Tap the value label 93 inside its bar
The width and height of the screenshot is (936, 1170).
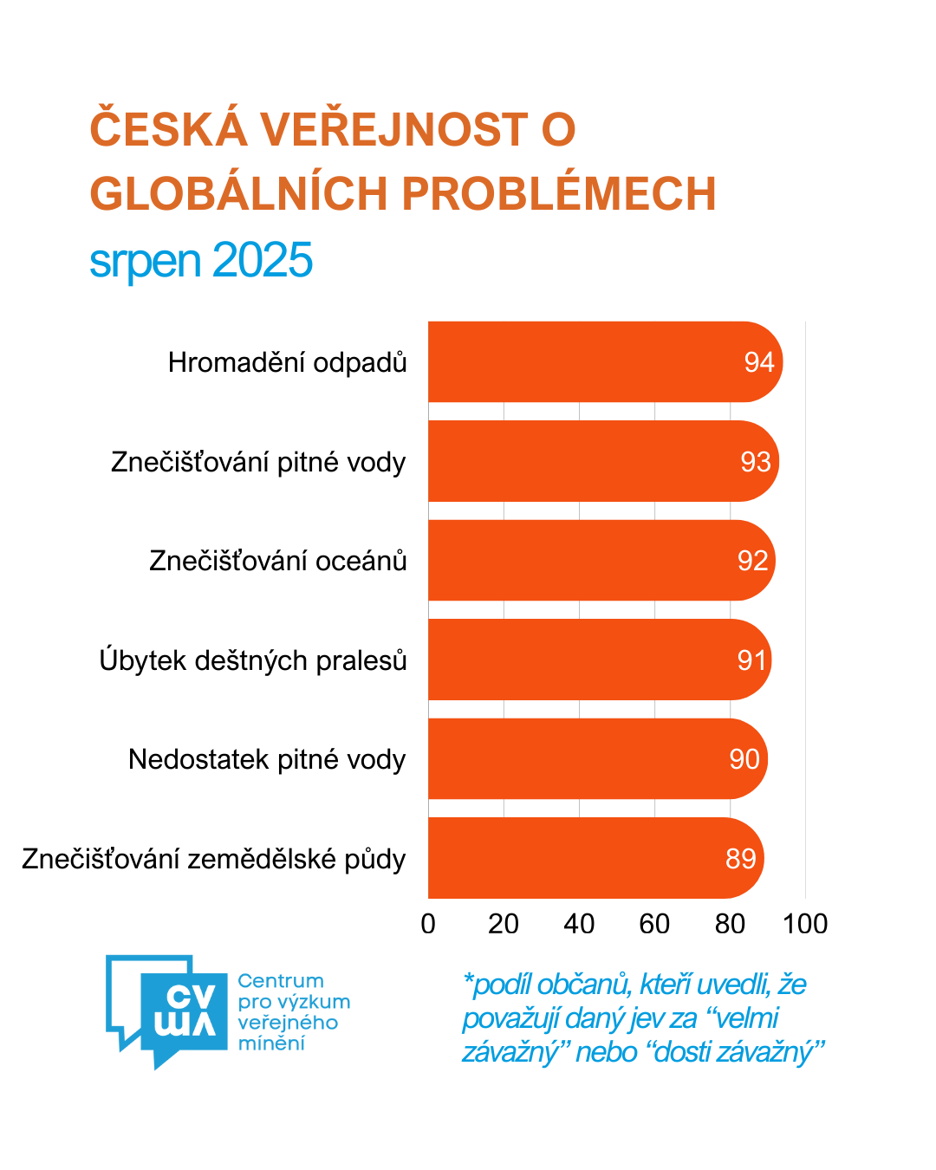click(755, 462)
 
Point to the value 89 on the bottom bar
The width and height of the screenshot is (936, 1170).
click(741, 859)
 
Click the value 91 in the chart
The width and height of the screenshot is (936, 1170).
click(751, 660)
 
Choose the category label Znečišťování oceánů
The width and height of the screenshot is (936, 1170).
click(278, 561)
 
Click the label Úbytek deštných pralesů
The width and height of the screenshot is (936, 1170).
click(253, 660)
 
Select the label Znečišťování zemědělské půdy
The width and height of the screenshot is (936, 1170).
click(214, 859)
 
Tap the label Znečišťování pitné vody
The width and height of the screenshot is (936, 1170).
click(258, 462)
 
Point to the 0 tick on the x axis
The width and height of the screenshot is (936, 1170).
click(428, 924)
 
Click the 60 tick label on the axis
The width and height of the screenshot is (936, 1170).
click(654, 924)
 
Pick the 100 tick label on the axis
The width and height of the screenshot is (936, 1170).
click(805, 924)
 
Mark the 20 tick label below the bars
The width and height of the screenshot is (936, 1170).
click(504, 924)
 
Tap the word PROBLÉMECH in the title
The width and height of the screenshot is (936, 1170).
click(559, 193)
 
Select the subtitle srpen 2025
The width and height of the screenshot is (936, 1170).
click(201, 260)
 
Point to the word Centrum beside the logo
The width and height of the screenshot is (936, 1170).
click(281, 981)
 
